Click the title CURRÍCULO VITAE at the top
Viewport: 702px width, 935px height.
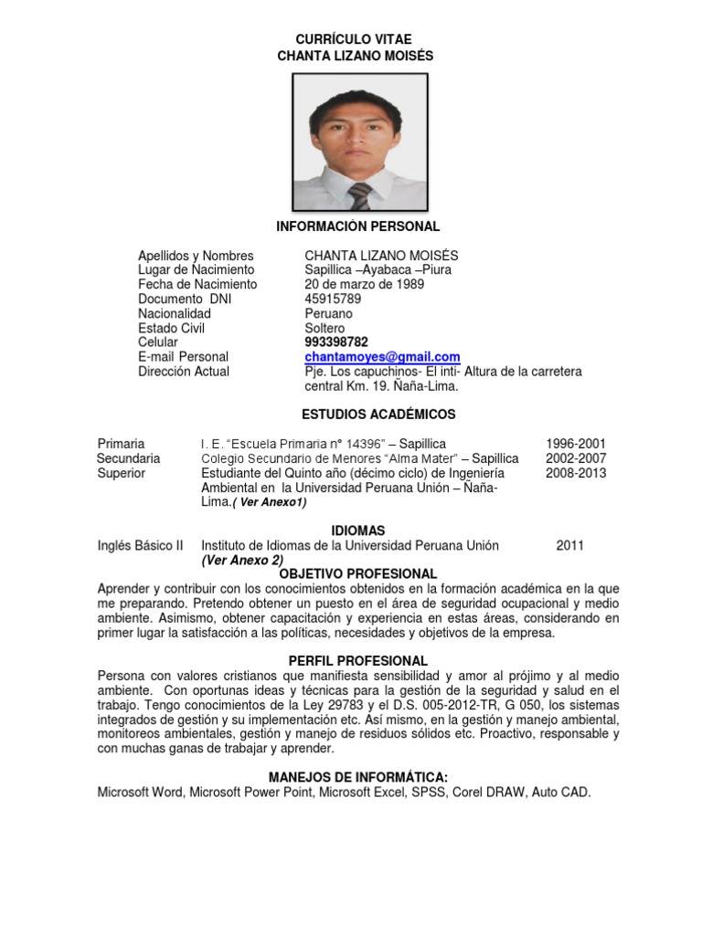[x=354, y=39]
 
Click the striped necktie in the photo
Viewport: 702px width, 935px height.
[x=360, y=196]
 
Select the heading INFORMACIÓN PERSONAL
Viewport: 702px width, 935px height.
[x=358, y=226]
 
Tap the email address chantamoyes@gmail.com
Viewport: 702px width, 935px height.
[x=382, y=357]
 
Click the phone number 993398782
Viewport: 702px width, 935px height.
[x=336, y=342]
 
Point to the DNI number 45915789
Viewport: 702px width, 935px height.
[x=333, y=299]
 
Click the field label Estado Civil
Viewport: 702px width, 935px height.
[x=171, y=328]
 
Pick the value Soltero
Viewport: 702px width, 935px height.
[x=324, y=328]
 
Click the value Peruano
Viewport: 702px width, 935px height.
[x=328, y=313]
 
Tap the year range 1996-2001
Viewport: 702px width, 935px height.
[x=576, y=444]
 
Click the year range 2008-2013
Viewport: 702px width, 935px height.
[x=576, y=473]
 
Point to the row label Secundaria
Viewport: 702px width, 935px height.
[x=129, y=458]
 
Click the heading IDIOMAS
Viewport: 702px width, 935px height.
[x=357, y=531]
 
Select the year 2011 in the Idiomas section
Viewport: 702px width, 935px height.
[x=569, y=545]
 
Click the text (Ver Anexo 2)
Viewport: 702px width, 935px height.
[x=242, y=560]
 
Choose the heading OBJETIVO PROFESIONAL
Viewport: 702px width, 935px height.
[x=358, y=574]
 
